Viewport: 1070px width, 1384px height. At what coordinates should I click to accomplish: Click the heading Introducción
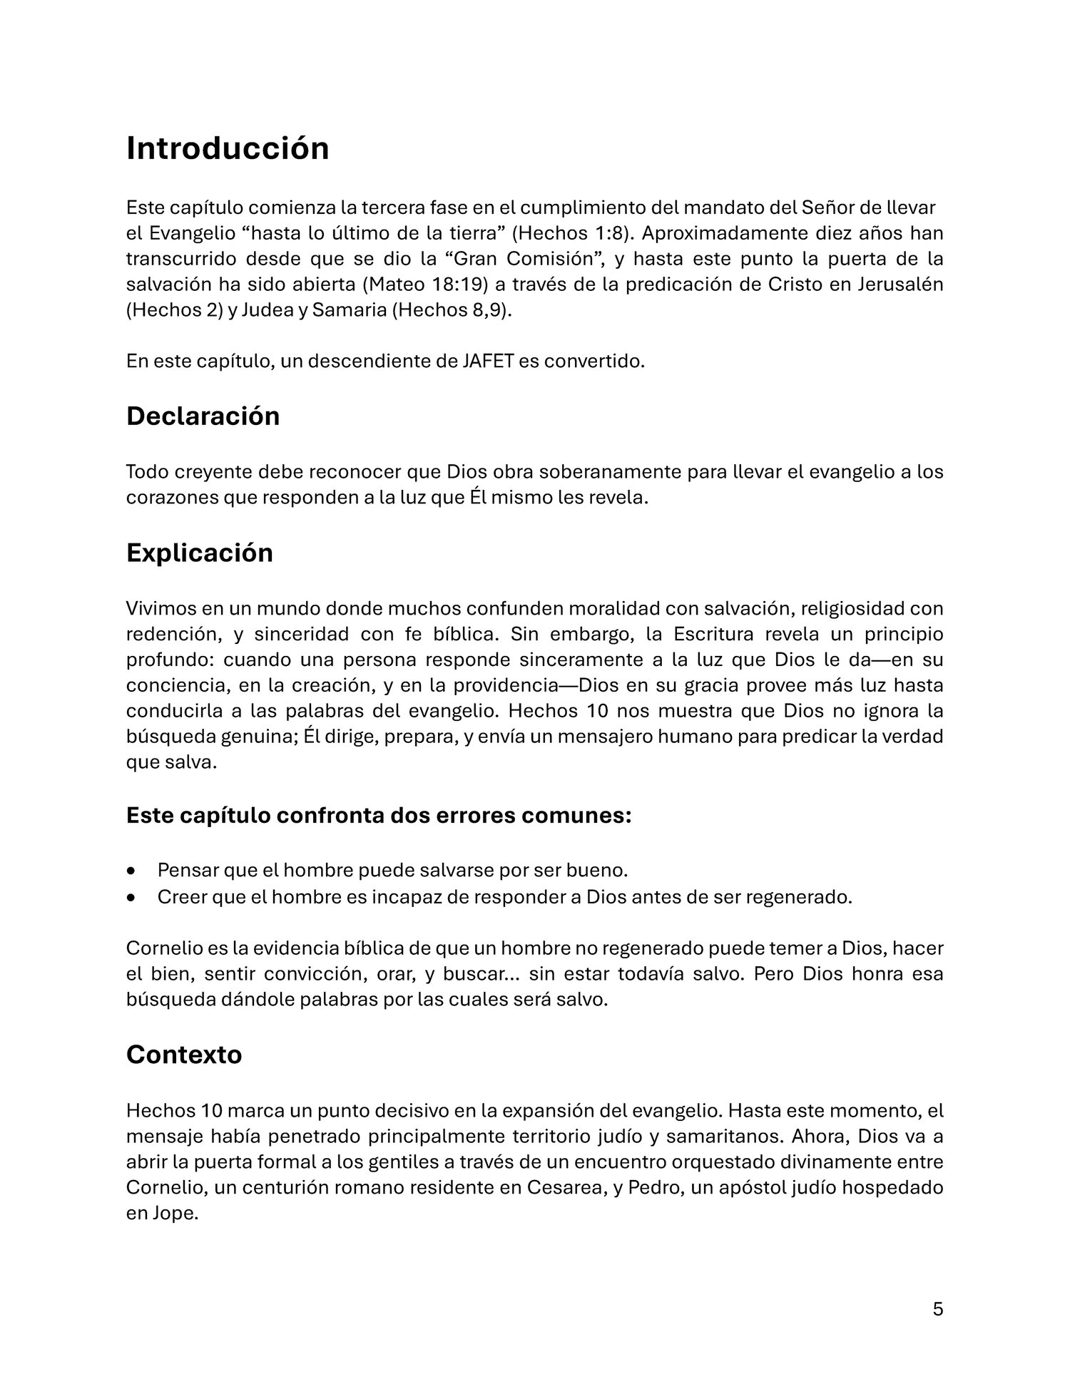pyautogui.click(x=228, y=148)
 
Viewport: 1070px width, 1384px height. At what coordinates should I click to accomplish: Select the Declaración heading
pyautogui.click(x=203, y=416)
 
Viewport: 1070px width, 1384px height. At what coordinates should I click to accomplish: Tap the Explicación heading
pyautogui.click(x=199, y=553)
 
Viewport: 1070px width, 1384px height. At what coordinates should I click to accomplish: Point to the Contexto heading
pyautogui.click(x=184, y=1055)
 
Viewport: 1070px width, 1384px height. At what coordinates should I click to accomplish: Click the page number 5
pyautogui.click(x=937, y=1309)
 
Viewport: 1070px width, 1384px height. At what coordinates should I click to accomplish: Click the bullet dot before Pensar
pyautogui.click(x=130, y=871)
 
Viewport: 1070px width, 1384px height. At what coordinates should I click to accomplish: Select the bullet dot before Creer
pyautogui.click(x=130, y=897)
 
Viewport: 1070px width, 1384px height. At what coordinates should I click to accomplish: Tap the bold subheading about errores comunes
pyautogui.click(x=378, y=815)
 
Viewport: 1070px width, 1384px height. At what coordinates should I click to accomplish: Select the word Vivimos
pyautogui.click(x=158, y=609)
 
